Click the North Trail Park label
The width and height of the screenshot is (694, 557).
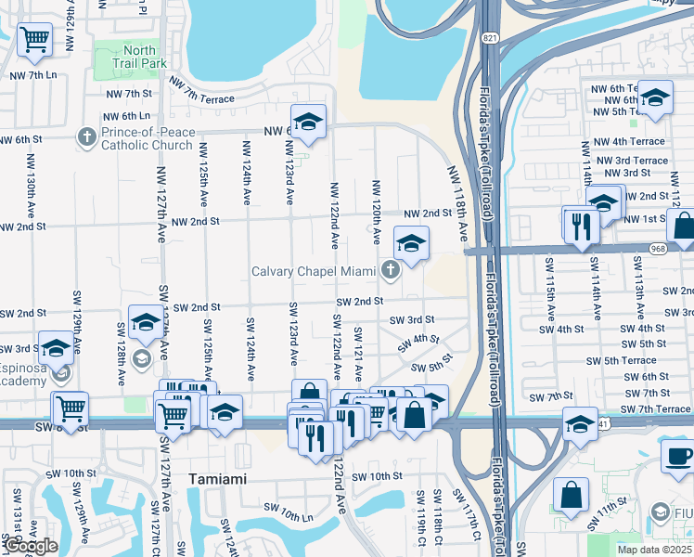(x=139, y=56)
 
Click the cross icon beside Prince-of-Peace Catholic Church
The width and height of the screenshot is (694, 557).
(x=87, y=138)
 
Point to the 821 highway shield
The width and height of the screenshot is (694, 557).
(x=489, y=38)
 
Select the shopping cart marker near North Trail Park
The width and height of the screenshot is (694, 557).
(x=34, y=39)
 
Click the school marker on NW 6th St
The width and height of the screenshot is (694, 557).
(x=308, y=121)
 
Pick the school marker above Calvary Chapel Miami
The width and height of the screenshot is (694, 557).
(x=411, y=243)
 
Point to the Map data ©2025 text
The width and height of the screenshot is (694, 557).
(x=653, y=550)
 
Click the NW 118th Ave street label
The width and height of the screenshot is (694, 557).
(x=458, y=204)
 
